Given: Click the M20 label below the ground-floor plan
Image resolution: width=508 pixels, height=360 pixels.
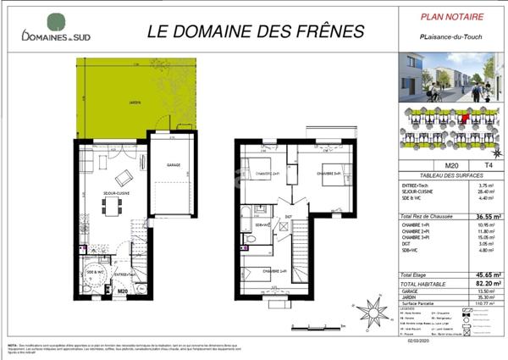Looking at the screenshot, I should [122, 291].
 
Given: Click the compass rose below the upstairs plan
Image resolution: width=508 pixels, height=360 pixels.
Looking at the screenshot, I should [370, 313].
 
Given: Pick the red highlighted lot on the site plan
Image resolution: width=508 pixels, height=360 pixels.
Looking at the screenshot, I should [464, 119].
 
